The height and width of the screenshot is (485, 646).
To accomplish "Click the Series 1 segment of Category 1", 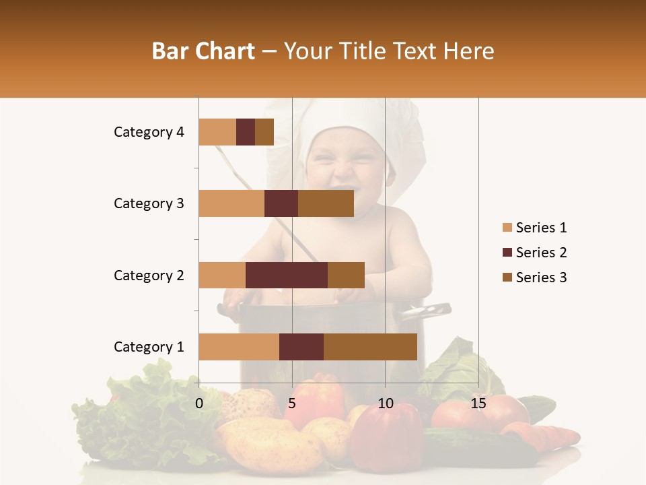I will (239, 347).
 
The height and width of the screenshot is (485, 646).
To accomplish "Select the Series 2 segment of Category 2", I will (287, 275).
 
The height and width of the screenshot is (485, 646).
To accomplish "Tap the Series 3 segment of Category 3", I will (326, 203).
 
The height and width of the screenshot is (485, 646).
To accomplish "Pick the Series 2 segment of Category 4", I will (246, 132).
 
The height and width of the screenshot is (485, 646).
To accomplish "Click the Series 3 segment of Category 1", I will (370, 347).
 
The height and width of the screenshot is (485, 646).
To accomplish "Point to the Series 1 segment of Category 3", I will (231, 203).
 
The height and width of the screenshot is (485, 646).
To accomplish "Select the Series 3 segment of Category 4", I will (264, 132).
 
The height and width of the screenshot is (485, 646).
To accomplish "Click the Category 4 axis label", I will (149, 132).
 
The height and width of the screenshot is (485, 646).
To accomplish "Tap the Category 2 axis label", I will (149, 275).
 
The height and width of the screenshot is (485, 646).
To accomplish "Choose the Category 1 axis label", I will (149, 347).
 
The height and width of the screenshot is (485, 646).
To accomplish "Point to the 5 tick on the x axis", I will (292, 403).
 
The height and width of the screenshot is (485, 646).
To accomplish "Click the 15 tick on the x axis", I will (478, 403).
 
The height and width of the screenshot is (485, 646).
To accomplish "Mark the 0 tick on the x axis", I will (199, 403).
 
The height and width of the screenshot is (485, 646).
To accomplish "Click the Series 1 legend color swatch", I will (507, 228).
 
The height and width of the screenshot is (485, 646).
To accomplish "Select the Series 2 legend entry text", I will (541, 253).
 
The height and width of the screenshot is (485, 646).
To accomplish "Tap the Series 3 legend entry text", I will (541, 278).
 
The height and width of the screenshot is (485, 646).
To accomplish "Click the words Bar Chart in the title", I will (203, 51).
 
